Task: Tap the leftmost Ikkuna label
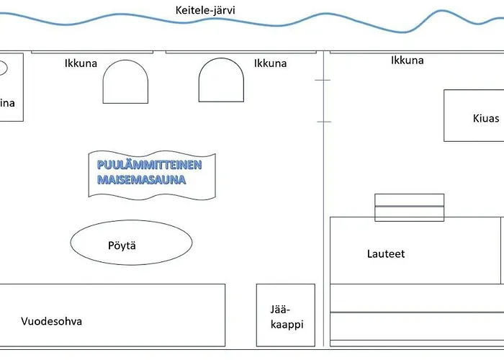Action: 81,63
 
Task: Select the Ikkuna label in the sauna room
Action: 407,60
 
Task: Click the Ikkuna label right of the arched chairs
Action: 270,63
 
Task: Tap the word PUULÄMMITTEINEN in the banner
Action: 150,165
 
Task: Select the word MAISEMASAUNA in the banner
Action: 141,179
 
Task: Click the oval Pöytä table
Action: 131,243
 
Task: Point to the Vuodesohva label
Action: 51,321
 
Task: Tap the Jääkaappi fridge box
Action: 286,315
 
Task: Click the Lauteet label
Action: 386,254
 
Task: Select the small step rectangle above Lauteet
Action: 409,207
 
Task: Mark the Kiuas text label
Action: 486,118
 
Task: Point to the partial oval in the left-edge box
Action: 2,68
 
